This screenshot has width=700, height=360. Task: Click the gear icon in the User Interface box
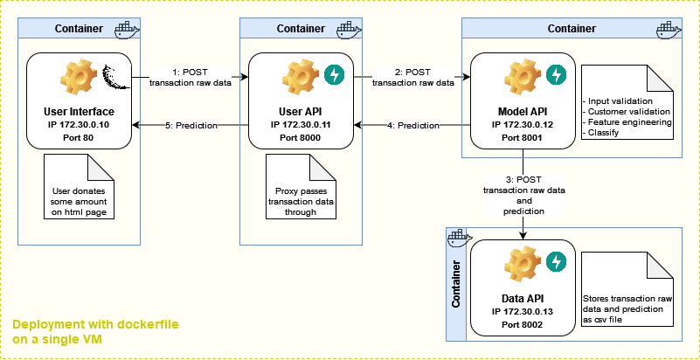tap(76, 80)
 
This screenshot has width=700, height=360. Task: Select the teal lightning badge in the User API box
tap(334, 76)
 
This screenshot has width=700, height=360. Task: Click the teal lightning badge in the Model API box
tap(555, 76)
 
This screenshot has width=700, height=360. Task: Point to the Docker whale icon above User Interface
tap(125, 28)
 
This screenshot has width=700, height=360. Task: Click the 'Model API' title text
tap(523, 111)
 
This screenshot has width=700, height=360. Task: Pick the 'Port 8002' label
tap(523, 324)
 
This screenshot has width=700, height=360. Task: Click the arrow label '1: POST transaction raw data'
tap(190, 77)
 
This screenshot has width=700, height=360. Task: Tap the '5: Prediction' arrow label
tap(191, 125)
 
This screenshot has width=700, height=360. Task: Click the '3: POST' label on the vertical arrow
tap(523, 180)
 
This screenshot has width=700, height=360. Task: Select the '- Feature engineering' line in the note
tap(627, 122)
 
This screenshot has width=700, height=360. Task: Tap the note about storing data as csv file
tap(627, 303)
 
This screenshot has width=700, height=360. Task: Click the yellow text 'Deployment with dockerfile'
tap(96, 323)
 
